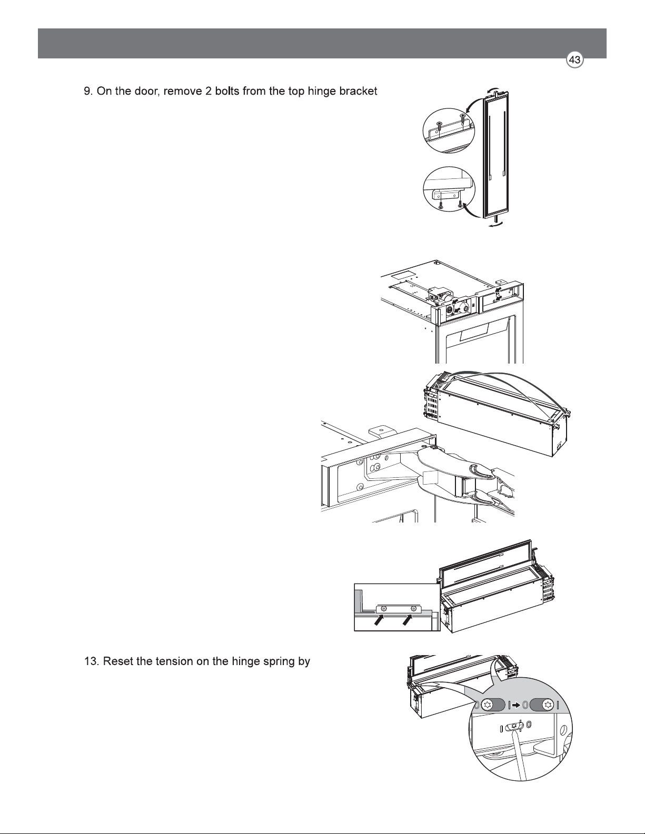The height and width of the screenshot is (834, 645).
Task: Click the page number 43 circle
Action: click(574, 61)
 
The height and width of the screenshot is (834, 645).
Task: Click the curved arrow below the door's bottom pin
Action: click(496, 226)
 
